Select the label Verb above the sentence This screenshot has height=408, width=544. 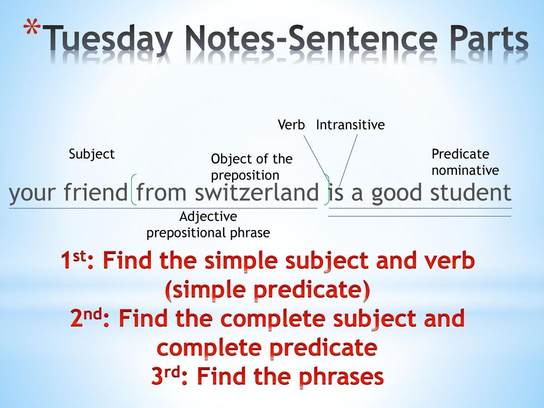tap(291, 124)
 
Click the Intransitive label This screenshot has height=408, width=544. tap(351, 124)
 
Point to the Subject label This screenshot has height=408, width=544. tap(91, 154)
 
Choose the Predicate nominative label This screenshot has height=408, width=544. tap(465, 162)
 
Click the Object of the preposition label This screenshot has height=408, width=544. tap(251, 167)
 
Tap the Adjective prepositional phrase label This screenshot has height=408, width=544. tap(208, 225)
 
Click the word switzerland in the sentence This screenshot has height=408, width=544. tap(257, 192)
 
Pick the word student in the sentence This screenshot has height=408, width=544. tap(471, 192)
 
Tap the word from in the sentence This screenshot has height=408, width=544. tap(161, 192)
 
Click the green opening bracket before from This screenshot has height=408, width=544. tap(133, 190)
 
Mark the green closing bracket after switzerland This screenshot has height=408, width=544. tap(327, 190)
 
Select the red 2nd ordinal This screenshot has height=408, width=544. tap(87, 318)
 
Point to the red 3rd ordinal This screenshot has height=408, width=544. tap(166, 376)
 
